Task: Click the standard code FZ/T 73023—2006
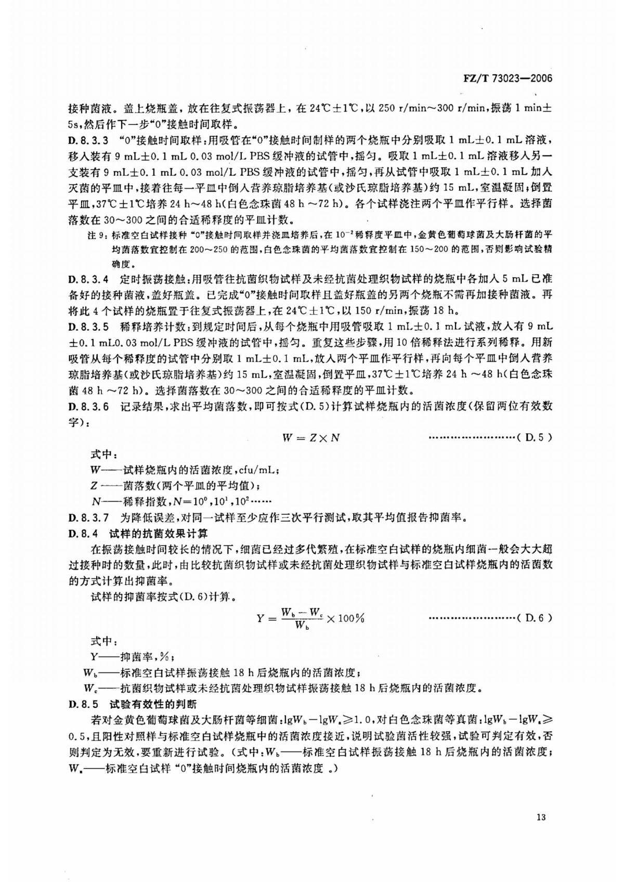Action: click(x=506, y=79)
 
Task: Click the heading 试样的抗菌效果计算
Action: click(x=151, y=533)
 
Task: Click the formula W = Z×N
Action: click(x=311, y=437)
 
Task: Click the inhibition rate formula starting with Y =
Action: click(x=310, y=618)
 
